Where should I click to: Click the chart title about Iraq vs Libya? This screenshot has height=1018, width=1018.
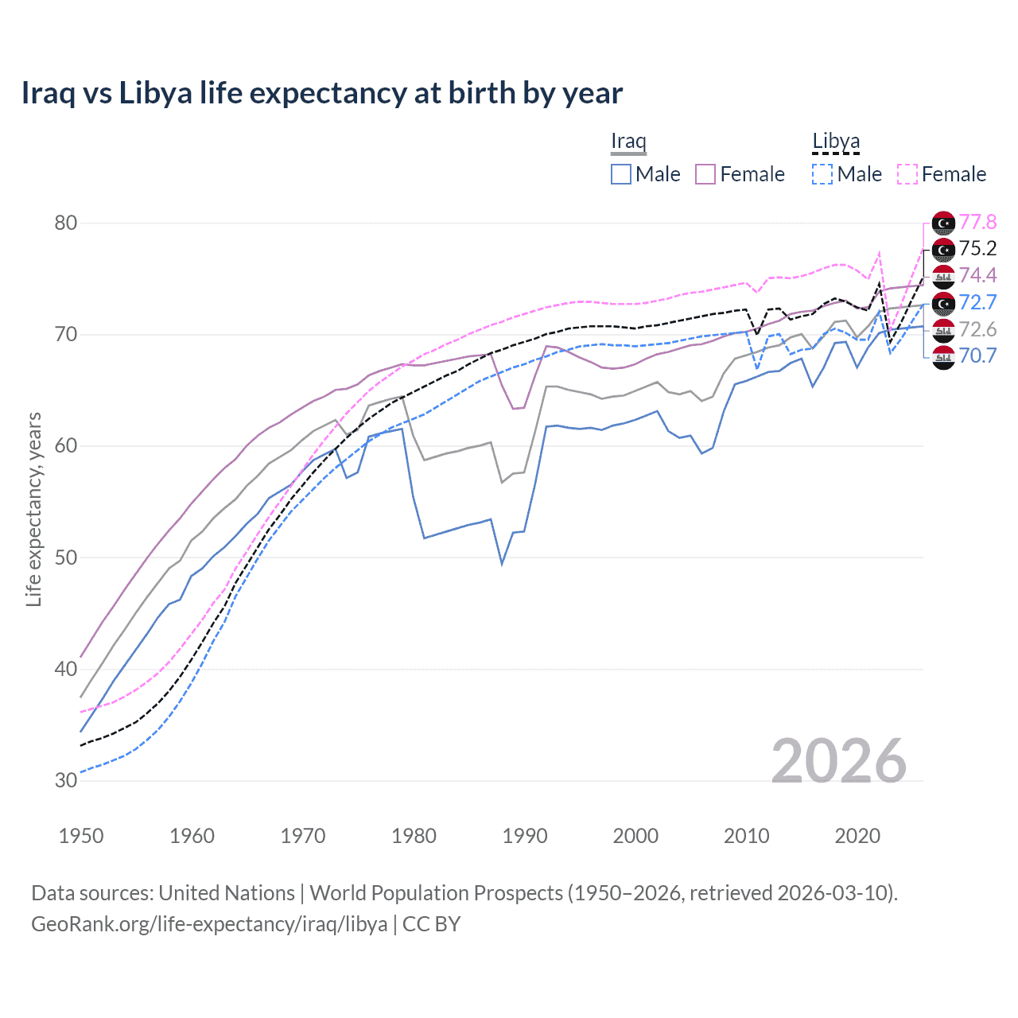pyautogui.click(x=321, y=93)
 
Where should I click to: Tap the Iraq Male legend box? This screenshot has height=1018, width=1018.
pyautogui.click(x=621, y=174)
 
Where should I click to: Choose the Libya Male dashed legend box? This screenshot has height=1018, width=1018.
pyautogui.click(x=822, y=174)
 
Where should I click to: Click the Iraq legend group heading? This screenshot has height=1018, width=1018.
pyautogui.click(x=628, y=142)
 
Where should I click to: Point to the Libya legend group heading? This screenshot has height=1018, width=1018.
pyautogui.click(x=836, y=142)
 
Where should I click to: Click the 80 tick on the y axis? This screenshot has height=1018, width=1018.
pyautogui.click(x=66, y=223)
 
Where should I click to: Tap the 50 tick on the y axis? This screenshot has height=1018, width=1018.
pyautogui.click(x=66, y=558)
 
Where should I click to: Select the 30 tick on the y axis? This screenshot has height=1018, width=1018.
pyautogui.click(x=66, y=780)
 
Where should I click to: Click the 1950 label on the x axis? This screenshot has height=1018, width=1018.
pyautogui.click(x=81, y=836)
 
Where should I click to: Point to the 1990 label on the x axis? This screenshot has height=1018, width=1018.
pyautogui.click(x=525, y=836)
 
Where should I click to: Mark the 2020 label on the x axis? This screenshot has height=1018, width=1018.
pyautogui.click(x=857, y=836)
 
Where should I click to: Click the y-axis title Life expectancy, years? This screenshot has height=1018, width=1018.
pyautogui.click(x=33, y=509)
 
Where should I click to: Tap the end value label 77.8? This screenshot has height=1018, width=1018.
pyautogui.click(x=977, y=222)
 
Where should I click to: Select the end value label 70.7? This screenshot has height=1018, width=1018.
pyautogui.click(x=977, y=356)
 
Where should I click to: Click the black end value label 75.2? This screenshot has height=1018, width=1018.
pyautogui.click(x=977, y=248)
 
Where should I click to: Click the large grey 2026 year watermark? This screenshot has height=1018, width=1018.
pyautogui.click(x=839, y=761)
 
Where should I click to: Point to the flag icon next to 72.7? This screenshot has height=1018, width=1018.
pyautogui.click(x=943, y=303)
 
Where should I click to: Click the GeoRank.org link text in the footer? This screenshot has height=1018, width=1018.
pyautogui.click(x=209, y=924)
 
